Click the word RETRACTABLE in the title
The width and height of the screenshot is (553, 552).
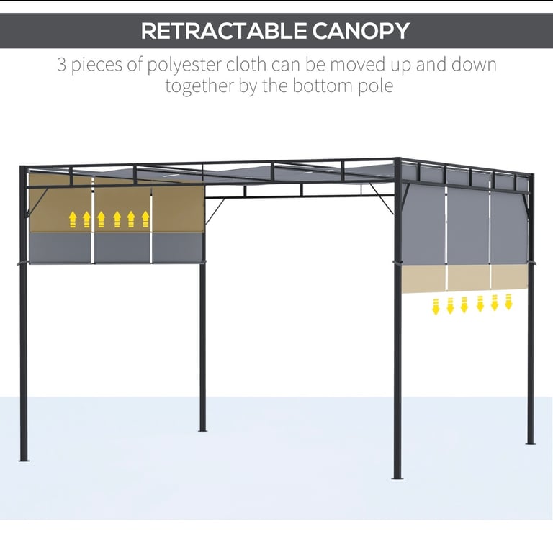click(x=224, y=31)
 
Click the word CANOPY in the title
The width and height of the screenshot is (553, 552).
click(x=361, y=31)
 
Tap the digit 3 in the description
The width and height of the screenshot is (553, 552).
click(x=61, y=65)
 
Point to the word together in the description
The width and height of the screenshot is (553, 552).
click(x=199, y=86)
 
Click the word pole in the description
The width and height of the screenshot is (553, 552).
click(x=376, y=86)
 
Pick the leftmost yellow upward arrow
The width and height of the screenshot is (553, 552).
click(x=73, y=220)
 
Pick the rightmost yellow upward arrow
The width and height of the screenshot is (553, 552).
click(x=145, y=220)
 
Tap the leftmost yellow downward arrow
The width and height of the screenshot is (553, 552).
click(x=436, y=307)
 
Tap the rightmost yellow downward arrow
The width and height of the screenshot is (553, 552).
click(x=508, y=302)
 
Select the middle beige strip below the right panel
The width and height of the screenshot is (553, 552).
click(x=469, y=277)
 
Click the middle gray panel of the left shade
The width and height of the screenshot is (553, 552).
click(x=122, y=248)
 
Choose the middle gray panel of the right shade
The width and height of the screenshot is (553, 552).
click(x=468, y=225)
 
